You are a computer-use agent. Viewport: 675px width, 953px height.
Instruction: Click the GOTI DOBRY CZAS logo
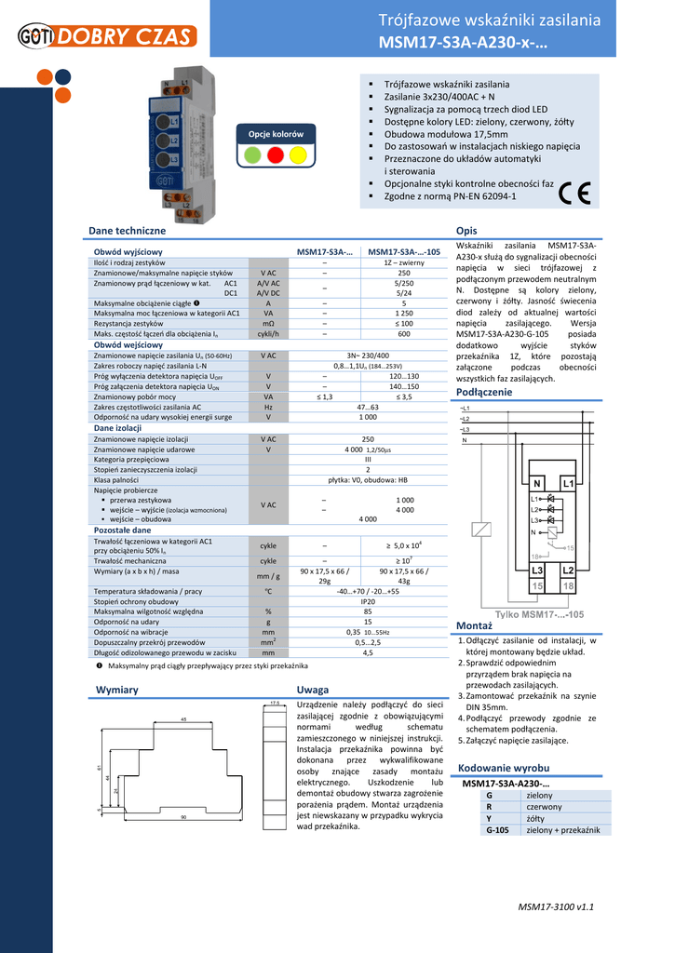tap(106, 36)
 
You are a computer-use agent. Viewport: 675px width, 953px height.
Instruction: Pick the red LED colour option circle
tap(276, 155)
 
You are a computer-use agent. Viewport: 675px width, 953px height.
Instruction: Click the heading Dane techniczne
tap(127, 230)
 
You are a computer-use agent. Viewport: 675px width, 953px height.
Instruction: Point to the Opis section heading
tap(467, 230)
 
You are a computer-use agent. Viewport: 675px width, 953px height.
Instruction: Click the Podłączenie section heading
tap(484, 393)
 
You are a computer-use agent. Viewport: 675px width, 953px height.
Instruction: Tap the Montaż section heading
tap(474, 624)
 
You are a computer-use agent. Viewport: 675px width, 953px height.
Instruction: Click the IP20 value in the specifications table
tap(368, 602)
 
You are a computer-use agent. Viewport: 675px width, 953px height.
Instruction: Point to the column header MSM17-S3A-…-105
tap(404, 252)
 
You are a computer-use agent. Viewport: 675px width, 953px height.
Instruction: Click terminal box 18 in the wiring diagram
tap(567, 585)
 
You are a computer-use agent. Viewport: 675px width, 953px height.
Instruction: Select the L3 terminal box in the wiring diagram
tap(537, 570)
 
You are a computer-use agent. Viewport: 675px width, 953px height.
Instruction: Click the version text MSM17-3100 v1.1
tap(556, 906)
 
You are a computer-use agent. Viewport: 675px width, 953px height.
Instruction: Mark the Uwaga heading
tap(312, 690)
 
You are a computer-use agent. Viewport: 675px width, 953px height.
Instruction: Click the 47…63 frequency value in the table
tap(368, 407)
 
